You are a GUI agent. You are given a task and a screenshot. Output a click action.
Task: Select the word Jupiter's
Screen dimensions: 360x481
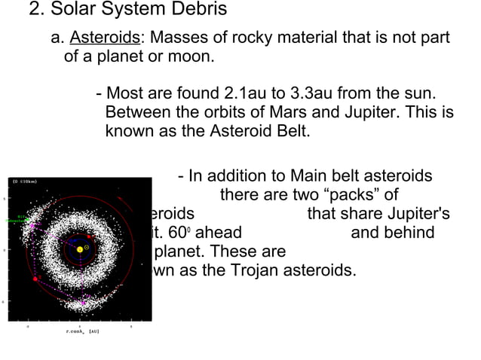click(x=415, y=213)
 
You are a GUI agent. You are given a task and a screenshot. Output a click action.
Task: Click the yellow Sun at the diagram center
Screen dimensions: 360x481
click(x=80, y=249)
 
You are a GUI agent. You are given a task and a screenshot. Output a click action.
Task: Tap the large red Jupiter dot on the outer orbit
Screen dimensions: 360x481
click(x=35, y=279)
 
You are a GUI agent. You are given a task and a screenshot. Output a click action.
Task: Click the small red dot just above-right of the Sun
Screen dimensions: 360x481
click(x=90, y=236)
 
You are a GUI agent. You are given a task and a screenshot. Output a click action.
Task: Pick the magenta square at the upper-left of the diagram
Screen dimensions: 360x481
click(x=32, y=224)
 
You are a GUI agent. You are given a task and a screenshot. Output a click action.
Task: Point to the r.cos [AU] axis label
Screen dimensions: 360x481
click(x=82, y=331)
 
